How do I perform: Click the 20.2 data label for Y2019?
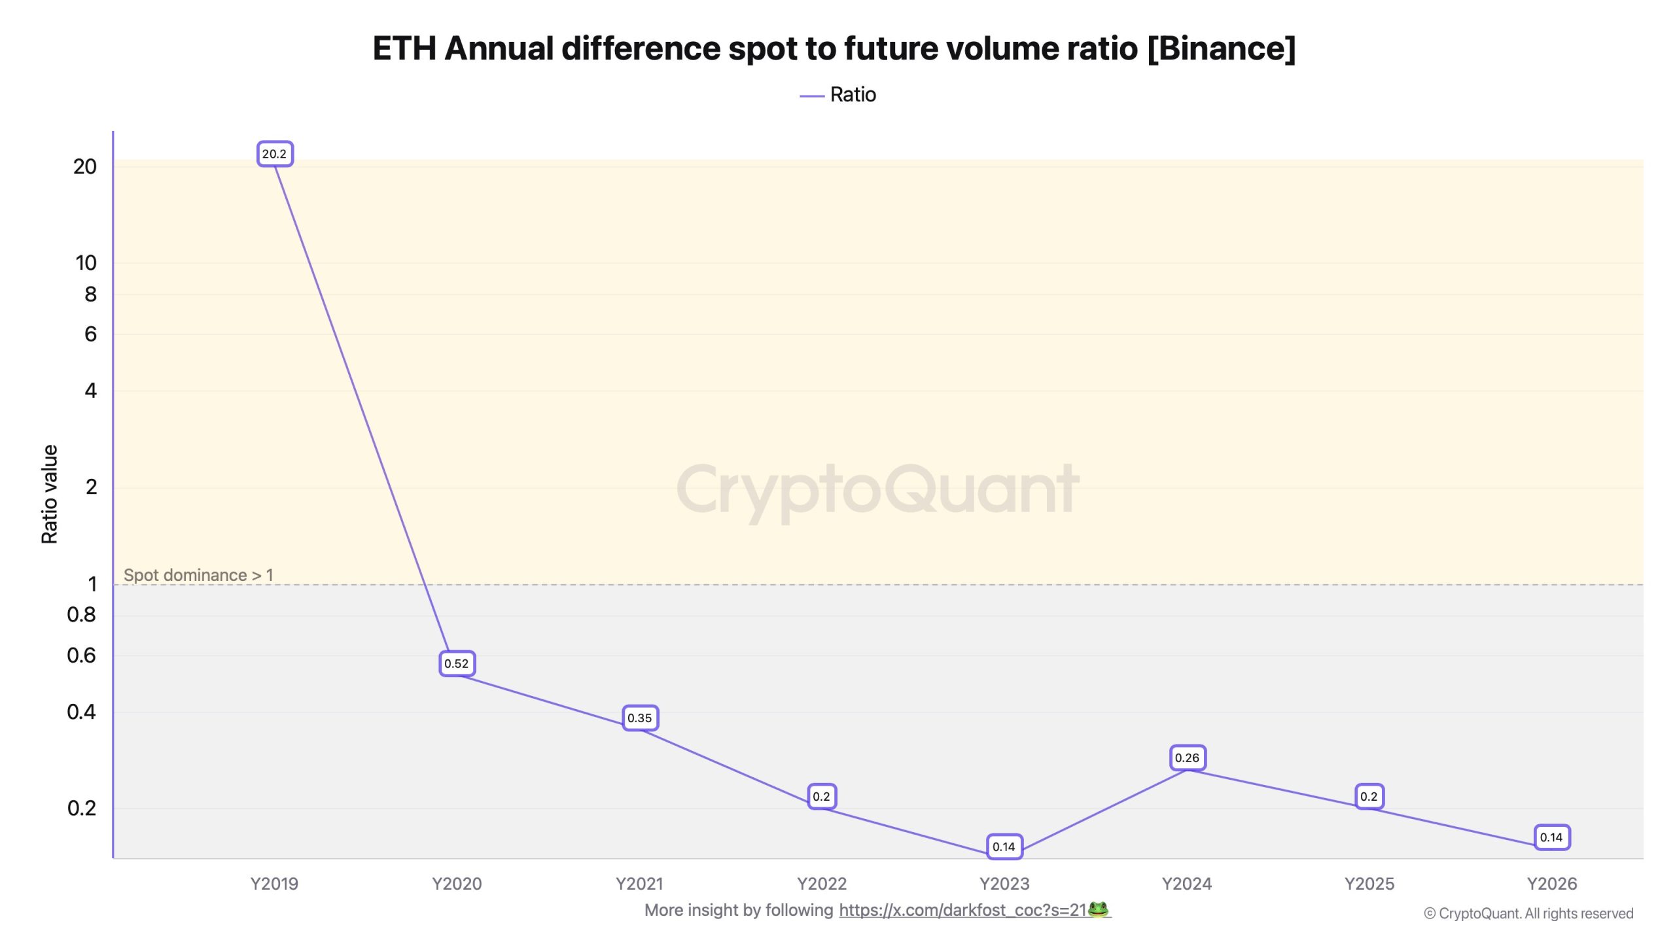pyautogui.click(x=274, y=154)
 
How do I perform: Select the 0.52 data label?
pyautogui.click(x=457, y=663)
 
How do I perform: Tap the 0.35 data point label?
pyautogui.click(x=639, y=718)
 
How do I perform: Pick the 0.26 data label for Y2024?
pyautogui.click(x=1187, y=758)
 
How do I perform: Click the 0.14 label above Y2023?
pyautogui.click(x=1004, y=847)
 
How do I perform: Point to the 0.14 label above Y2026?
pyautogui.click(x=1551, y=837)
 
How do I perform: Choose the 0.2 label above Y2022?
pyautogui.click(x=821, y=797)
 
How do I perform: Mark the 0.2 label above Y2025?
pyautogui.click(x=1369, y=797)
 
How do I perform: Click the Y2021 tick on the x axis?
pyautogui.click(x=639, y=884)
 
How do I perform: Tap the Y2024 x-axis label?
pyautogui.click(x=1186, y=884)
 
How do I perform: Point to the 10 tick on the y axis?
pyautogui.click(x=86, y=263)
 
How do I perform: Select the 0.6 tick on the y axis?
pyautogui.click(x=81, y=655)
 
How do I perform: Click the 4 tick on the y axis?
pyautogui.click(x=90, y=391)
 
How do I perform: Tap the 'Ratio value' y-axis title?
pyautogui.click(x=50, y=494)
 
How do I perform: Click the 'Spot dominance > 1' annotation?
pyautogui.click(x=198, y=575)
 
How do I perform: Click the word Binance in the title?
pyautogui.click(x=1221, y=48)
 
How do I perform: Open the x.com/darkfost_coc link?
pyautogui.click(x=962, y=910)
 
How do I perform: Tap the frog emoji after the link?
pyautogui.click(x=1098, y=909)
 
